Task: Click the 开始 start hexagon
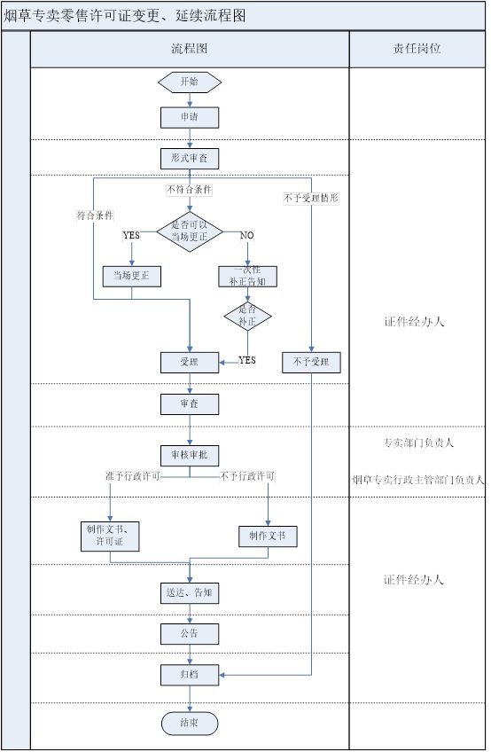[x=190, y=82]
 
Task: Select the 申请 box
[x=190, y=117]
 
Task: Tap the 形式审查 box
[x=190, y=158]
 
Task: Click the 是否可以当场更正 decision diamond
[x=190, y=231]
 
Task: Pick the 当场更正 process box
[x=132, y=277]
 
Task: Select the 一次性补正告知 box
[x=248, y=277]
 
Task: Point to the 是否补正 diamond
[x=248, y=316]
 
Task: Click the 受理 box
[x=190, y=363]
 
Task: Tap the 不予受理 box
[x=312, y=363]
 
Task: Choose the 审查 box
[x=190, y=404]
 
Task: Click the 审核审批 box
[x=190, y=456]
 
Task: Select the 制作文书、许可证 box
[x=110, y=537]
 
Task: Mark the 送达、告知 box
[x=190, y=593]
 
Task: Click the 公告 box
[x=190, y=634]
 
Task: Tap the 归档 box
[x=190, y=675]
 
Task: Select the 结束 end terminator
[x=190, y=724]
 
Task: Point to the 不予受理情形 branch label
[x=311, y=198]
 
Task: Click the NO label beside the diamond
[x=247, y=236]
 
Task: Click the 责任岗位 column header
[x=417, y=49]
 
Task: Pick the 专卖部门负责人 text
[x=418, y=443]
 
